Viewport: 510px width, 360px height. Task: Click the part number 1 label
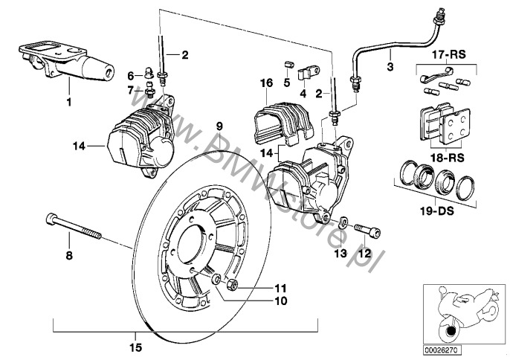point(68,102)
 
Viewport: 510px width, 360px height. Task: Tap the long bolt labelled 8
point(74,226)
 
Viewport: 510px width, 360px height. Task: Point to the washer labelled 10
point(216,279)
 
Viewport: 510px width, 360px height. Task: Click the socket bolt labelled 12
point(367,230)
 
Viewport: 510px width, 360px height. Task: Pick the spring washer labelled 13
point(343,222)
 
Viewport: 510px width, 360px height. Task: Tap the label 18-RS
point(448,158)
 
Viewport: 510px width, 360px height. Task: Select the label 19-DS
point(437,211)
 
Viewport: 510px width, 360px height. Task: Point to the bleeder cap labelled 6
point(149,73)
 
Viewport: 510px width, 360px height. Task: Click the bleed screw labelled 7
point(149,90)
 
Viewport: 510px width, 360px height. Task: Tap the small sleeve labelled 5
point(288,64)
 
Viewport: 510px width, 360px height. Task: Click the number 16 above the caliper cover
point(266,83)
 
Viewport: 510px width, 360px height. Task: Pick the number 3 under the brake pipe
point(390,67)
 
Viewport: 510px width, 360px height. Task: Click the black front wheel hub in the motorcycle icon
point(451,331)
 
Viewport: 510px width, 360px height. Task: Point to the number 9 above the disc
point(219,126)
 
